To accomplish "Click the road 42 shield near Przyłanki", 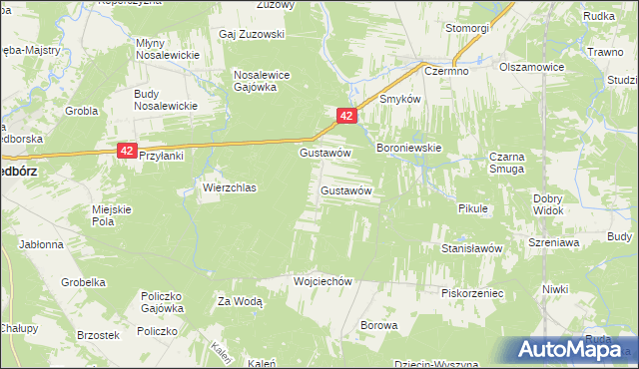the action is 126,150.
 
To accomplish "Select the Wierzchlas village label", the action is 230,187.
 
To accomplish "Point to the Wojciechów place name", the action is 323,281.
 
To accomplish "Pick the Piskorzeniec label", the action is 471,294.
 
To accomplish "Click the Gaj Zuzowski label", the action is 252,34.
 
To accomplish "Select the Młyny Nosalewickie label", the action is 165,50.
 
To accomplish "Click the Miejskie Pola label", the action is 112,214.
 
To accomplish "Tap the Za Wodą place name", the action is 240,301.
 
